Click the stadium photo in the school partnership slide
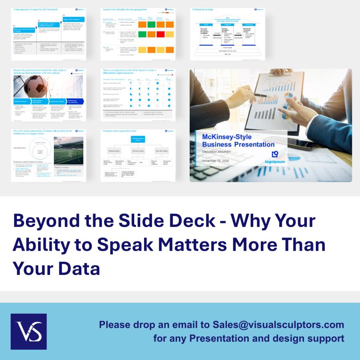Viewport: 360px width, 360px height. (68, 150)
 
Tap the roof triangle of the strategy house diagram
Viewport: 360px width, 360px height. (227, 20)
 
